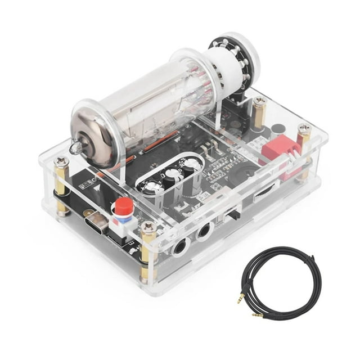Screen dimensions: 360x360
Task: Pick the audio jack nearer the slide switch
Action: [x=203, y=230]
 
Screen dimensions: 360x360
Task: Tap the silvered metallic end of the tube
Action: [x=90, y=130]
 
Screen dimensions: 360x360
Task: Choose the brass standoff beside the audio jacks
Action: [x=147, y=253]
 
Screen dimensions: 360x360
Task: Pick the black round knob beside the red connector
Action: [x=277, y=128]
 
